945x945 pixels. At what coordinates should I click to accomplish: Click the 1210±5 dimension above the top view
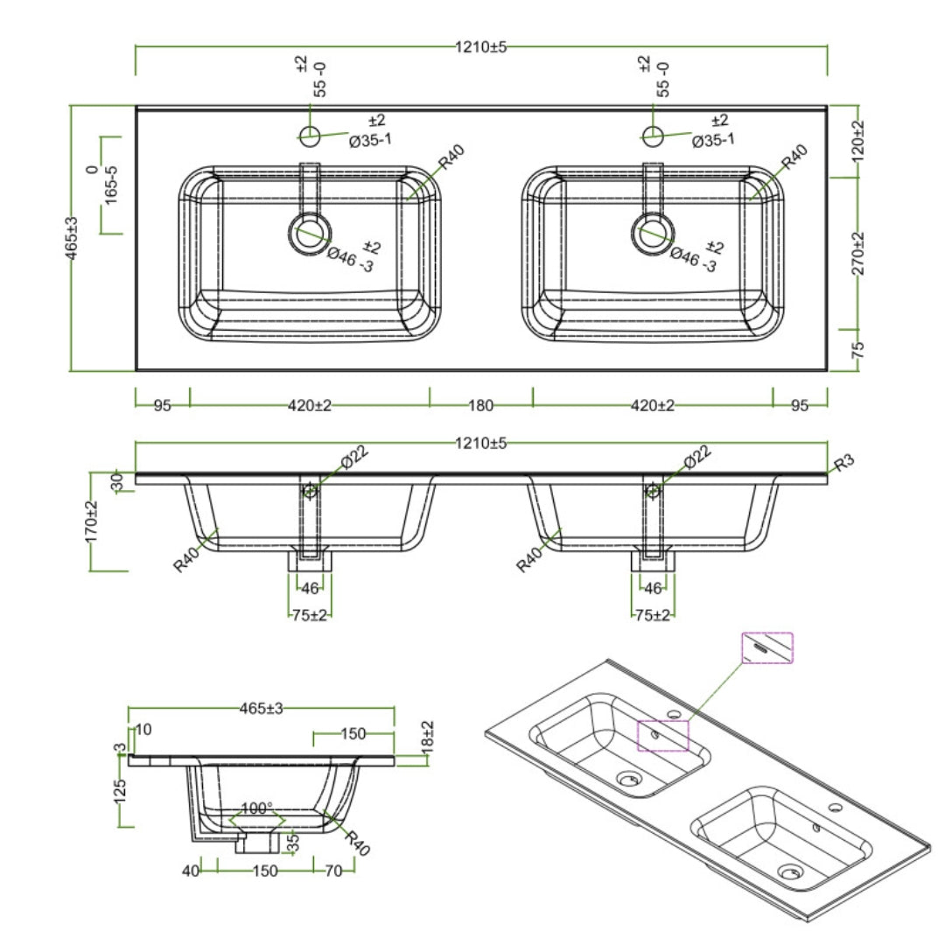[480, 48]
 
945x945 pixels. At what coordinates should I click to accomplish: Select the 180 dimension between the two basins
[480, 405]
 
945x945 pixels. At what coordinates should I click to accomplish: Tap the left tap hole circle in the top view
[310, 134]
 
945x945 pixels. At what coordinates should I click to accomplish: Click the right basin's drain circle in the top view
[653, 234]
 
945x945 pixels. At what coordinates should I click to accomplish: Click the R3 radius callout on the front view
[843, 464]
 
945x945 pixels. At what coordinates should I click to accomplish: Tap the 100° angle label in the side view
[256, 808]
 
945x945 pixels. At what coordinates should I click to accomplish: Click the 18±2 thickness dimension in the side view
[428, 740]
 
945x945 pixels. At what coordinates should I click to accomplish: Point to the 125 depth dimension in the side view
[121, 791]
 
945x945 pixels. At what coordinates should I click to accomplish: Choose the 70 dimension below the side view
[332, 871]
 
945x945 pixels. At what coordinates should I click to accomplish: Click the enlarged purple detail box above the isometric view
[767, 647]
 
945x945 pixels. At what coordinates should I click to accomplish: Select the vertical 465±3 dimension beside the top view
[73, 237]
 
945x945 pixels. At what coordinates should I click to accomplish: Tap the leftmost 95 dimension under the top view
[162, 405]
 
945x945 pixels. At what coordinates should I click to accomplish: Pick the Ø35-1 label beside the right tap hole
[713, 140]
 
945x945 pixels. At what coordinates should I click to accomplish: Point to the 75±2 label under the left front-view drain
[310, 615]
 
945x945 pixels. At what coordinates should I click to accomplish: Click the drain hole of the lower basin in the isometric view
[790, 871]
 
